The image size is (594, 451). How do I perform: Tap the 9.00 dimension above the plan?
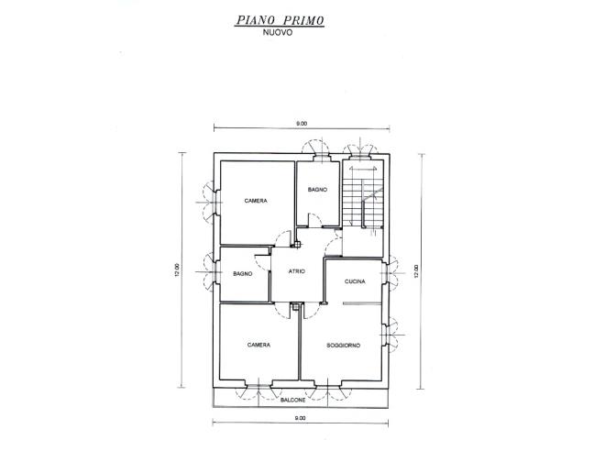point(301,123)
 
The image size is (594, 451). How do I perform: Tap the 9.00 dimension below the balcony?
point(300,418)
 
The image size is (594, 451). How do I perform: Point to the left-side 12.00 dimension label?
point(180,271)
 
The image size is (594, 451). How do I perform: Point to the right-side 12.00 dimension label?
point(416,271)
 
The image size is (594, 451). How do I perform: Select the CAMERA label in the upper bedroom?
point(256,201)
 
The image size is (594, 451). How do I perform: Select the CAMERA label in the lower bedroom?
point(258,345)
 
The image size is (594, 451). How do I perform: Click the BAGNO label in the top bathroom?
point(317,191)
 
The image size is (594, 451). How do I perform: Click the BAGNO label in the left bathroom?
point(242,274)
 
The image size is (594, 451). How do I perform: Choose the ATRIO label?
point(297,271)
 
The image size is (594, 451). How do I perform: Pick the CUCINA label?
point(355,281)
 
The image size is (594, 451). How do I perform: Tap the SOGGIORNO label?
point(343,345)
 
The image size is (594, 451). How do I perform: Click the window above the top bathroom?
point(317,151)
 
